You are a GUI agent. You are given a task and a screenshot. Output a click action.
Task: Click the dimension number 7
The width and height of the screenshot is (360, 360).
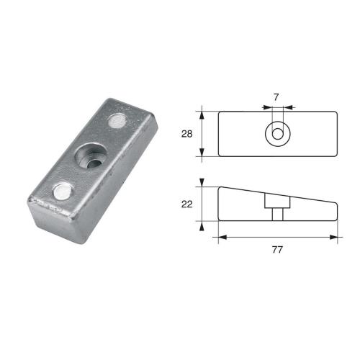click(275, 96)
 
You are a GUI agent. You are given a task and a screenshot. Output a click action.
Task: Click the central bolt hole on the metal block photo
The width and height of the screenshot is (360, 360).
click(89, 158)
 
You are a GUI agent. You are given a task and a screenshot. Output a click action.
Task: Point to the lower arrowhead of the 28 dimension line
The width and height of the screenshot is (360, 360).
click(202, 153)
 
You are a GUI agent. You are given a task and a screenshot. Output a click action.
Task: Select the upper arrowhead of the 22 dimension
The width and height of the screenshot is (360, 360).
click(202, 183)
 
